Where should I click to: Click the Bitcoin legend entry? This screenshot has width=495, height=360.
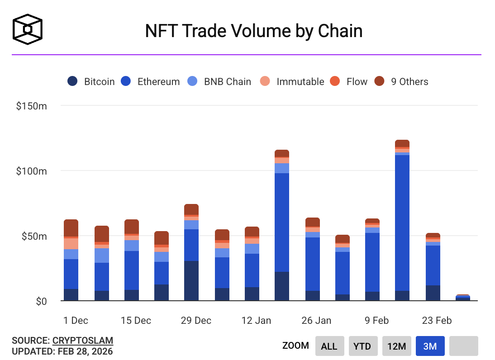91,81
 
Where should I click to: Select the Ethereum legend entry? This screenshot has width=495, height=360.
150,81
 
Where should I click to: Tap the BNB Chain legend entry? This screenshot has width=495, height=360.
219,81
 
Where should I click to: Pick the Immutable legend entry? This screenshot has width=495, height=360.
292,81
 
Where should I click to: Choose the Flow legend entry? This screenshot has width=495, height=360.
348,81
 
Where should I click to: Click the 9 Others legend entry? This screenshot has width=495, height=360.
401,81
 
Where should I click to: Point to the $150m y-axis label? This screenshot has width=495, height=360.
31,106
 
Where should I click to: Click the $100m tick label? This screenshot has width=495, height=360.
31,171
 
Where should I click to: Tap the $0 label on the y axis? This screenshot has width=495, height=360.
41,301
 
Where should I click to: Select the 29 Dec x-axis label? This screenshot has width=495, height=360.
196,320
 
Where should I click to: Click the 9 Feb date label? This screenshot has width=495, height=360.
376,320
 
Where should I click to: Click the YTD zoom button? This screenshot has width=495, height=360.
362,346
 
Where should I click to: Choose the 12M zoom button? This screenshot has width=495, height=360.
397,346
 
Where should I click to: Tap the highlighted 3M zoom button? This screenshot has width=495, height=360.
430,346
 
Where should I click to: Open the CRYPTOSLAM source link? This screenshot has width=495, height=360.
83,341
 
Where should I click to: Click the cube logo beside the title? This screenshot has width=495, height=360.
28,29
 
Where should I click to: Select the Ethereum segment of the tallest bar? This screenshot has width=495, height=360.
402,223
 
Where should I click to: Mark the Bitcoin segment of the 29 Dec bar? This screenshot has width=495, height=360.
191,281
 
